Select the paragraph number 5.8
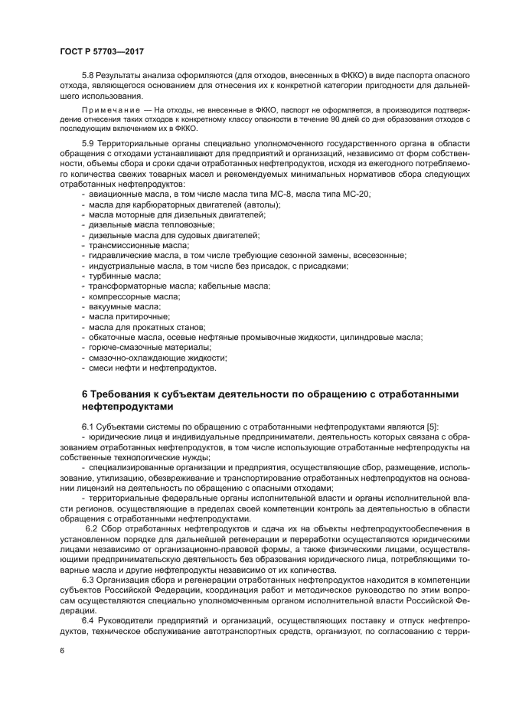click(90, 77)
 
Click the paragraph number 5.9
click(90, 143)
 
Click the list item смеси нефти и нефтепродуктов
click(152, 367)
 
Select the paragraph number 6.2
click(91, 528)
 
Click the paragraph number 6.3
click(90, 579)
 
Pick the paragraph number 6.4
click(90, 620)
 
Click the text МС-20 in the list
click(356, 195)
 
